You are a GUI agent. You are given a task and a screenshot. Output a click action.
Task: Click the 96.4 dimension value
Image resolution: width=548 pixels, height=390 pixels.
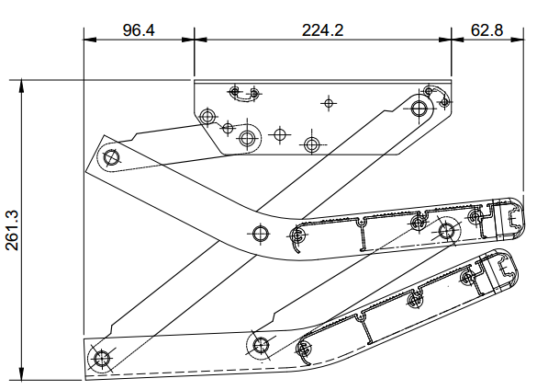139,29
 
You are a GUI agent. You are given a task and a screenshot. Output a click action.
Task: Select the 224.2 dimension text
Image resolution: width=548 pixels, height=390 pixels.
322,29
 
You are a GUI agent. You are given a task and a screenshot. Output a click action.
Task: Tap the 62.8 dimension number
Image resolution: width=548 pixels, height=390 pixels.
486,29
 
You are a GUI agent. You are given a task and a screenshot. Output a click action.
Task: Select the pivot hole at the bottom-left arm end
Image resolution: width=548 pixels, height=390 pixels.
100,358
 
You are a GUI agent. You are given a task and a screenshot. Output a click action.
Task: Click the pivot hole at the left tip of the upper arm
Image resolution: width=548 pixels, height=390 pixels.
113,156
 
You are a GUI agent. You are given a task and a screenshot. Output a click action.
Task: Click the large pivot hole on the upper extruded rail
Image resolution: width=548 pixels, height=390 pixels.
447,231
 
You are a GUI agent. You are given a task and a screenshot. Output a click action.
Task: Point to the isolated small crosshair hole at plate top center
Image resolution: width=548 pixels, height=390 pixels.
324,100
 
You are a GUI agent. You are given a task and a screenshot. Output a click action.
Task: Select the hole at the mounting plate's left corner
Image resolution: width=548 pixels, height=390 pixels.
207,117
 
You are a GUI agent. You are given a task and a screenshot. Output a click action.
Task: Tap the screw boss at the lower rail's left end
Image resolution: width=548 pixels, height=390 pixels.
304,350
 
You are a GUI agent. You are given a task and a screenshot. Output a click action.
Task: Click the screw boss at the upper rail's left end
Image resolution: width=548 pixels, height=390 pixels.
297,235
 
